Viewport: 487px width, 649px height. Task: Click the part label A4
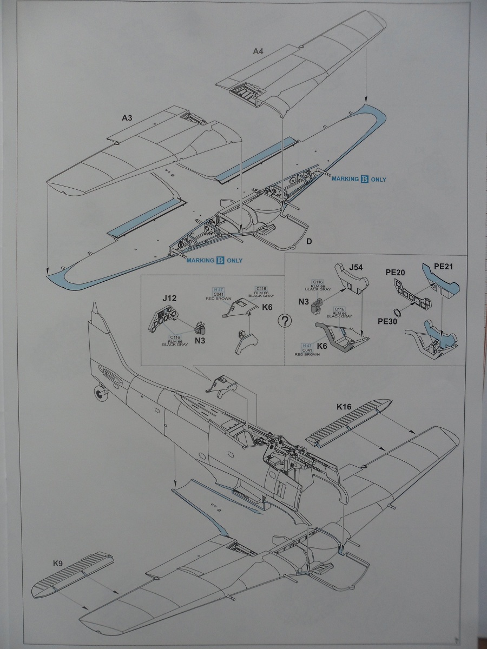click(x=258, y=52)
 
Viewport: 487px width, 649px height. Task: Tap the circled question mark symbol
click(x=284, y=321)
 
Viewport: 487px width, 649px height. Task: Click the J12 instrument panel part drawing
click(x=162, y=320)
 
